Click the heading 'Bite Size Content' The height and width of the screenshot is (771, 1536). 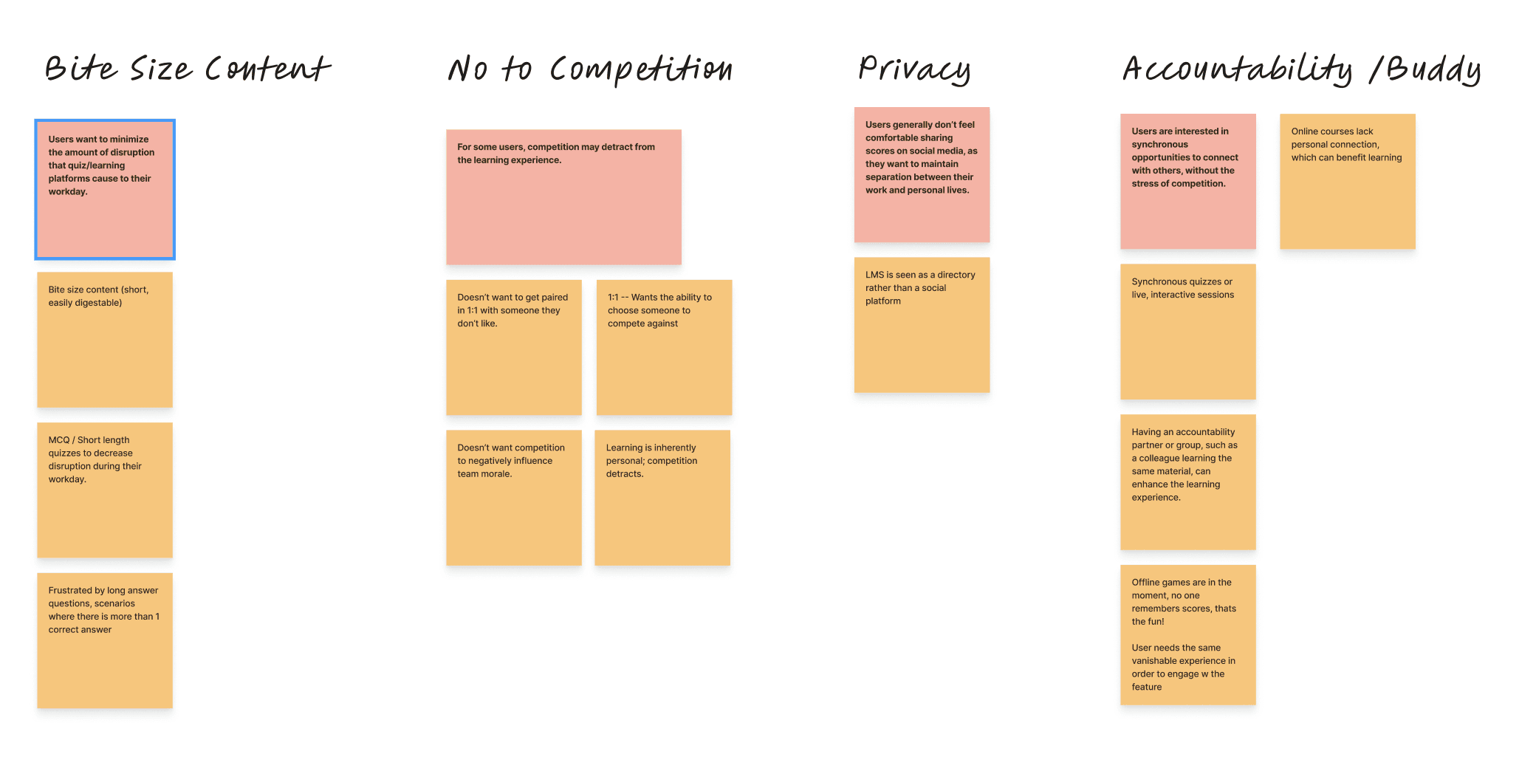pyautogui.click(x=188, y=69)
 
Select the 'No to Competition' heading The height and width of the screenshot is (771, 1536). pyautogui.click(x=590, y=69)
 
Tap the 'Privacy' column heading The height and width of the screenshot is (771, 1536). pyautogui.click(x=914, y=69)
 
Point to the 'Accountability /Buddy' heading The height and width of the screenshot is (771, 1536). pyautogui.click(x=1302, y=69)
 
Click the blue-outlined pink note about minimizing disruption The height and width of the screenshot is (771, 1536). pyautogui.click(x=105, y=190)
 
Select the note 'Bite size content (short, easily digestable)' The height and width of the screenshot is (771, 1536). pyautogui.click(x=105, y=340)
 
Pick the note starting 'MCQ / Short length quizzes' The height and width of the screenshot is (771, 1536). pyautogui.click(x=105, y=490)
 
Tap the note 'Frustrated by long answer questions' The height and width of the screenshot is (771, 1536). pyautogui.click(x=105, y=640)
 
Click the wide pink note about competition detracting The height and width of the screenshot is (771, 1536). pyautogui.click(x=563, y=197)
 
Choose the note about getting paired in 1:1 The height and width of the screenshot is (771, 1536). pyautogui.click(x=513, y=347)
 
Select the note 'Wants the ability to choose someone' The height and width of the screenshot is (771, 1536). pyautogui.click(x=664, y=347)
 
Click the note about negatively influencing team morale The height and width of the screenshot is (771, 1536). pyautogui.click(x=513, y=497)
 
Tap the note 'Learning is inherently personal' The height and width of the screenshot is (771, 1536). pyautogui.click(x=662, y=497)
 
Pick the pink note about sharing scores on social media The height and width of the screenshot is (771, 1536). pyautogui.click(x=922, y=175)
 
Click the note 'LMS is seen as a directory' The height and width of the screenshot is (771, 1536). pyautogui.click(x=922, y=325)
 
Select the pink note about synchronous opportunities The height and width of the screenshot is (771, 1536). pyautogui.click(x=1187, y=181)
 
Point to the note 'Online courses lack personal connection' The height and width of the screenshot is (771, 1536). pyautogui.click(x=1347, y=181)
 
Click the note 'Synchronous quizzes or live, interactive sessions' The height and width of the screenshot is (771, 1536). pyautogui.click(x=1187, y=332)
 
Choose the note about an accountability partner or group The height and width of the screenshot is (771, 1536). pyautogui.click(x=1187, y=482)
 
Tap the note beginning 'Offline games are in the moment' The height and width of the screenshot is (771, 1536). pyautogui.click(x=1187, y=634)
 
